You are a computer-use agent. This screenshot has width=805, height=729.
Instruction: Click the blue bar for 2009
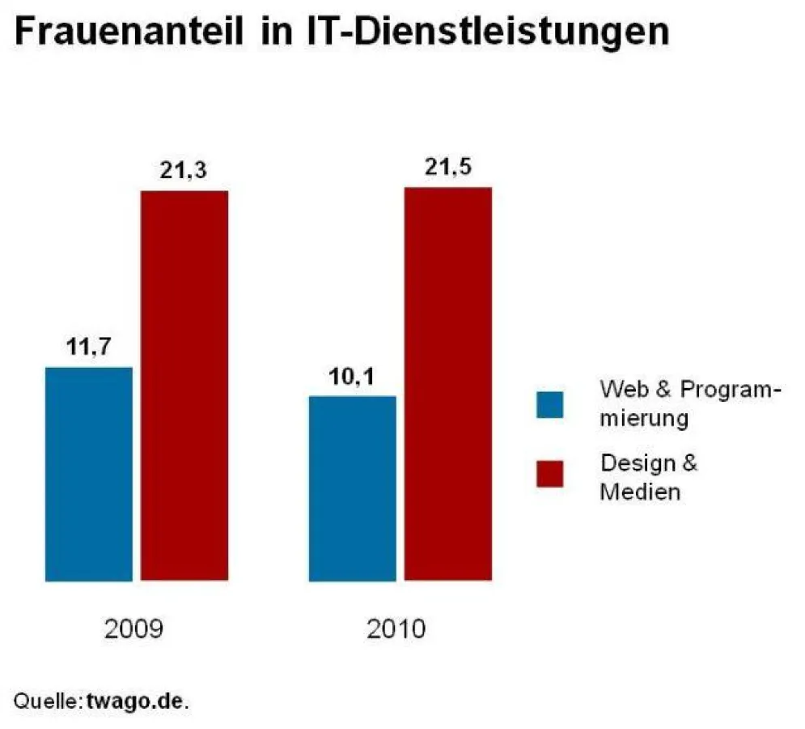[x=88, y=474]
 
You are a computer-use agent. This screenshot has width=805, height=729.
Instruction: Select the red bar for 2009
[x=184, y=386]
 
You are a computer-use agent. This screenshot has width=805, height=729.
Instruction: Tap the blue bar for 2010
[x=353, y=488]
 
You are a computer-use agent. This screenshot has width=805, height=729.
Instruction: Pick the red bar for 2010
[x=448, y=384]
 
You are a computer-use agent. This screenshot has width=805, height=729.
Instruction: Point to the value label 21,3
[x=184, y=171]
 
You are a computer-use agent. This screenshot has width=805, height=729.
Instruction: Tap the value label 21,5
[x=447, y=168]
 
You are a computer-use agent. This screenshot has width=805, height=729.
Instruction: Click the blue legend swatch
[x=550, y=403]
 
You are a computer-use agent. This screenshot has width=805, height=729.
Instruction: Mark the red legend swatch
[x=550, y=474]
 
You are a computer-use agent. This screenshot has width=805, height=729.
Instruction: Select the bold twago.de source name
[x=135, y=700]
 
